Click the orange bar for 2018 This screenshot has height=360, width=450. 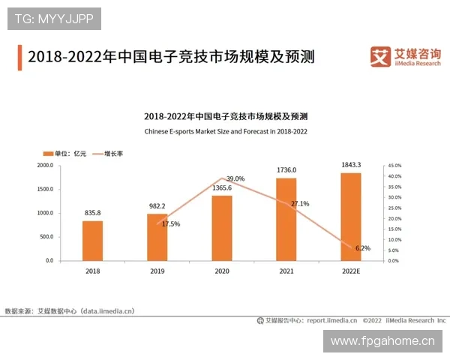93,241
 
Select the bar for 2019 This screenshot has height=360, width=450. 157,237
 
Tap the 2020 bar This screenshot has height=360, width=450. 222,228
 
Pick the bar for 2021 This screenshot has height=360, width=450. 286,219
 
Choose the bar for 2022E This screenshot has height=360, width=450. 350,217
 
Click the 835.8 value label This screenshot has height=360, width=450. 93,213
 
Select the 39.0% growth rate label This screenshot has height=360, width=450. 235,178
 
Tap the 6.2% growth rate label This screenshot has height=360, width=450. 363,247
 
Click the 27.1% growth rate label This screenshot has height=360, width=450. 299,203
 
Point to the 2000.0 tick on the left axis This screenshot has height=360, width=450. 45,165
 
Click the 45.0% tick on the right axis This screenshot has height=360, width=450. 394,165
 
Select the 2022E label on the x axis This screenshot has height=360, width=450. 350,270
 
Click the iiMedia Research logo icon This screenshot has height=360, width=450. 380,55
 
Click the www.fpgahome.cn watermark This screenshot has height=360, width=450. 382,341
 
